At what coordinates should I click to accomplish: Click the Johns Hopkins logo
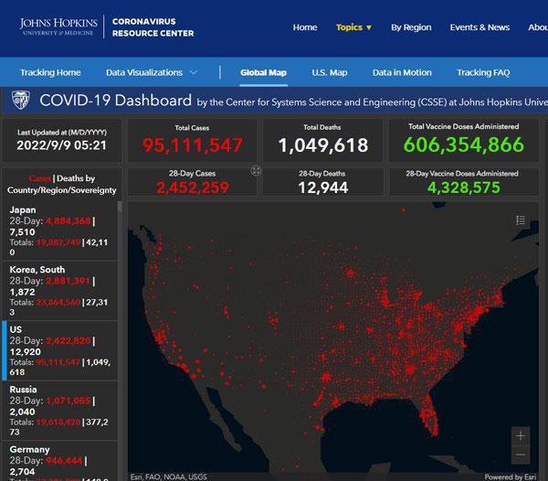pos(58,27)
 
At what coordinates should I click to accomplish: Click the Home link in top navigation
pos(305,27)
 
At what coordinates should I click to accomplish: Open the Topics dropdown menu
pos(353,27)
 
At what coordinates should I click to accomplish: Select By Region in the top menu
pos(411,27)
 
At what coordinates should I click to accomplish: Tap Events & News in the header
pos(479,27)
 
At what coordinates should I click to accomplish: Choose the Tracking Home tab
pos(50,72)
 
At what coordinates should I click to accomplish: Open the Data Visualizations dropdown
pos(152,72)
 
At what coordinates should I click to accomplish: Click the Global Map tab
pos(264,72)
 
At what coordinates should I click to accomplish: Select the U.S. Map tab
pos(330,72)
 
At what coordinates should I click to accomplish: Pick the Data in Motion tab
pos(402,72)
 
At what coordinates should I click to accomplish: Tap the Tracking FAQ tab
pos(484,72)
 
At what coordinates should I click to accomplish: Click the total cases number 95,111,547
pos(192,144)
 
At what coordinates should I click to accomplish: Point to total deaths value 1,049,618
pos(322,144)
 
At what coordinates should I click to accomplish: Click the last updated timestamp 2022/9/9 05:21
pos(62,145)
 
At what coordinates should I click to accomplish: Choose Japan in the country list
pos(23,209)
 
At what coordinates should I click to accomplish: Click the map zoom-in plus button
pos(521,436)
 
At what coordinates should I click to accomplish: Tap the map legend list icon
pos(521,219)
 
